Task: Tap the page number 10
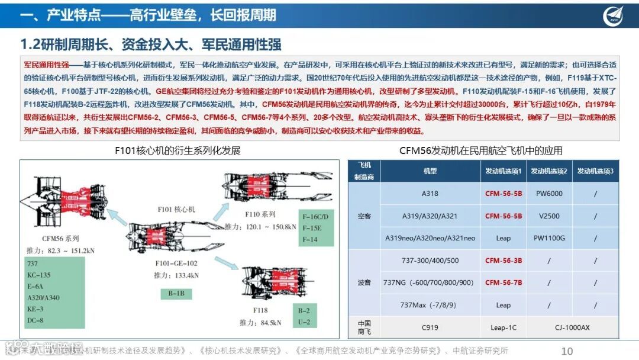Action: coord(567,351)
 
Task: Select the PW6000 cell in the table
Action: coord(549,194)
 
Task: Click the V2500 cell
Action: coord(549,216)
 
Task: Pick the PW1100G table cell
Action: coord(549,238)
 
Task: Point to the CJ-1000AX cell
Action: coord(573,327)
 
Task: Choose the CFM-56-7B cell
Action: coord(504,282)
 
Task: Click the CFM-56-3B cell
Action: coord(504,261)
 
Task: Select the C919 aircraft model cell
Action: coord(430,327)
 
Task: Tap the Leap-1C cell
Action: coord(504,327)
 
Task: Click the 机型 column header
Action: coord(430,171)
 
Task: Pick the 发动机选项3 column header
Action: coord(595,171)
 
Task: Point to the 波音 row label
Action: coord(364,282)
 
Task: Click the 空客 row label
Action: coord(364,216)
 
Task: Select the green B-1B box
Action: coord(176,292)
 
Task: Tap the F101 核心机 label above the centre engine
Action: coord(176,210)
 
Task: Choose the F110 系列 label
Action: coord(260,214)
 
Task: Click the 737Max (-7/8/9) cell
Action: coord(430,305)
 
